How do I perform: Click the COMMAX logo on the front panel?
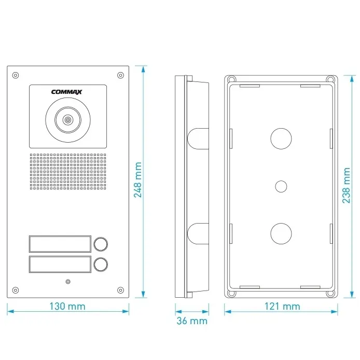pos(67,93)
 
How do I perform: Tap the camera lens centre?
pos(67,120)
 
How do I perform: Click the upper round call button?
pos(101,243)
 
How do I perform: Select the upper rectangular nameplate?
pos(60,243)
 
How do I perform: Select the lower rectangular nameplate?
pos(60,264)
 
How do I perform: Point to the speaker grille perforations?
pos(67,171)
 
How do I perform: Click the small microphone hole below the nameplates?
pos(67,282)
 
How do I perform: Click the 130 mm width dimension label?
pos(67,306)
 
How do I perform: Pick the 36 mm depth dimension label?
pos(191,321)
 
